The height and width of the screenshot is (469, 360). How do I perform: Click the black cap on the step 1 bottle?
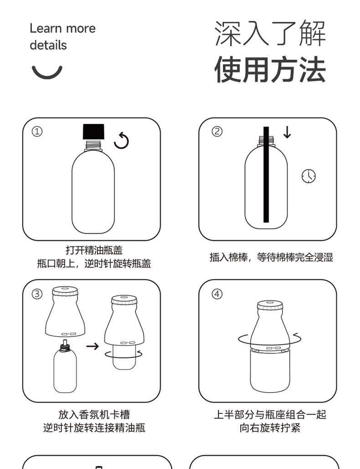coord(93,132)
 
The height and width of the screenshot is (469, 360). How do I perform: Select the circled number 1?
coord(37,131)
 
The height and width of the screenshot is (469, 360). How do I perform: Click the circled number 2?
coord(217,131)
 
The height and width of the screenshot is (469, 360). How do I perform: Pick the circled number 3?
coord(37,294)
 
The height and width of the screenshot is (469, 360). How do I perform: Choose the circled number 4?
coord(217,294)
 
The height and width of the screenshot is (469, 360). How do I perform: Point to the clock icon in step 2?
coord(309,176)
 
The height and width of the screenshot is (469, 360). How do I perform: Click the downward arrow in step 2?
coord(287,133)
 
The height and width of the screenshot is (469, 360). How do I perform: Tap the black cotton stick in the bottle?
coord(266,175)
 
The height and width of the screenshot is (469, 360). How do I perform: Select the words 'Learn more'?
coord(62,28)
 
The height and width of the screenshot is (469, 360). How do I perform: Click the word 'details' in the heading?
coord(48,45)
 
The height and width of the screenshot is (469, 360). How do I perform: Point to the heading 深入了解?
coord(270,33)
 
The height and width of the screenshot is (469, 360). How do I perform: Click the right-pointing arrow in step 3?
coord(93,346)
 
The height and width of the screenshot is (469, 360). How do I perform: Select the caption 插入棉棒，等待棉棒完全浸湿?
coord(271,257)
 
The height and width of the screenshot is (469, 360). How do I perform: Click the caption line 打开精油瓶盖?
coord(94,250)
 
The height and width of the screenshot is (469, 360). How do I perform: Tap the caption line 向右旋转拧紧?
coord(270,428)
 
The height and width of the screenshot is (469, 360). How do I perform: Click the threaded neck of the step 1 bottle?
coord(93,145)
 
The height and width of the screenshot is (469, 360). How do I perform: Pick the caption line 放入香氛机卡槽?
coord(94,415)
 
